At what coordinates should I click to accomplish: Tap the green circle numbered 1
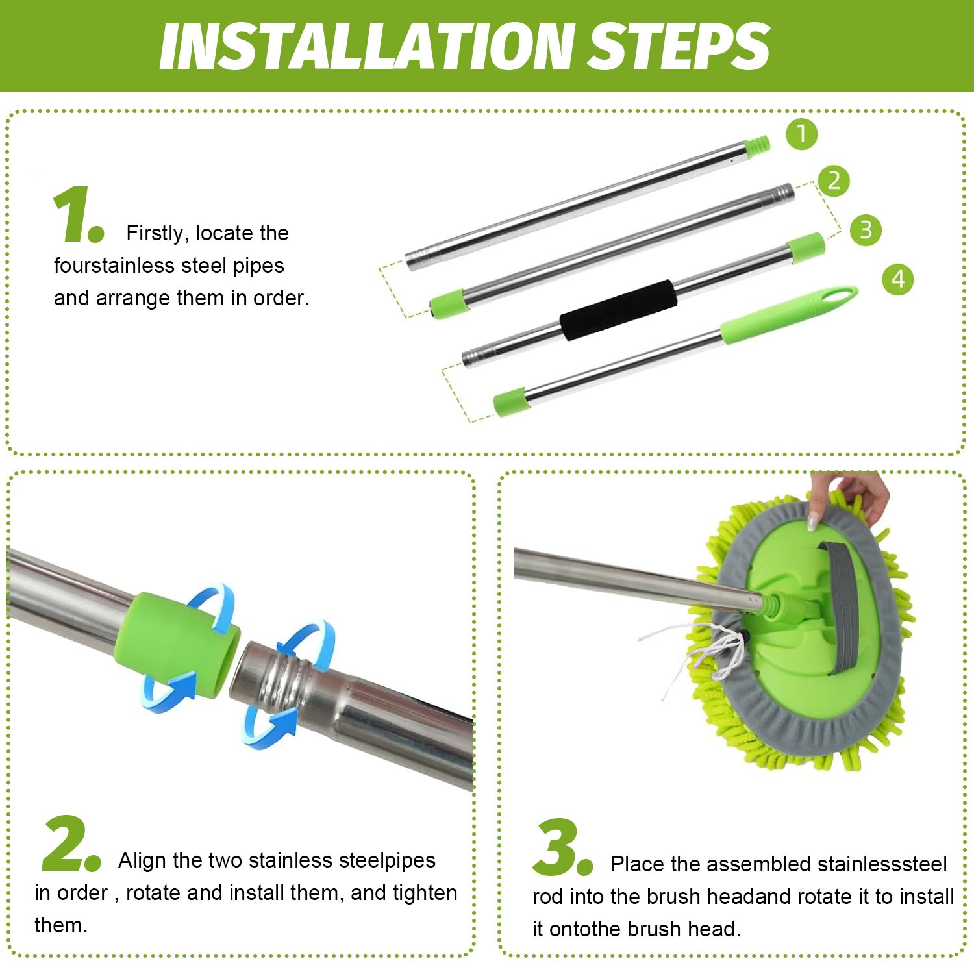tap(801, 134)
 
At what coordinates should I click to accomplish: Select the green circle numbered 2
tap(834, 181)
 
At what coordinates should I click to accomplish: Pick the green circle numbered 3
tap(866, 230)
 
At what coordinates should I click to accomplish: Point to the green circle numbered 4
tap(898, 279)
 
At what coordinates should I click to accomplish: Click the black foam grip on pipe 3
tap(618, 310)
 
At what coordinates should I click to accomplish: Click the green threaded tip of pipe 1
tap(757, 147)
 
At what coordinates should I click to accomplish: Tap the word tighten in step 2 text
tap(425, 893)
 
